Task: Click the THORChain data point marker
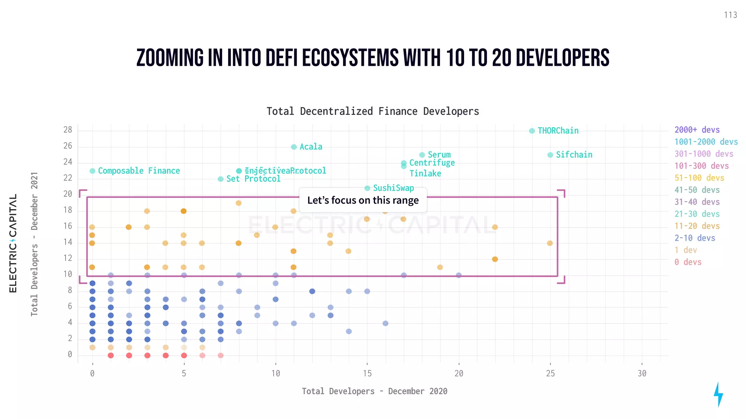[532, 131]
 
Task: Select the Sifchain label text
[574, 155]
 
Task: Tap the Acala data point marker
[294, 147]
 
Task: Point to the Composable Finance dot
[93, 171]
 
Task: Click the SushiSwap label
[393, 188]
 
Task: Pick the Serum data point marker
[422, 155]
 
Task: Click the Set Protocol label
[254, 179]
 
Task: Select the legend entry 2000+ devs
[697, 130]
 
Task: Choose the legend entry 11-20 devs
[697, 226]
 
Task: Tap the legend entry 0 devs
[688, 262]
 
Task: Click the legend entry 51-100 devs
[699, 178]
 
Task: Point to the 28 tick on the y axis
[68, 130]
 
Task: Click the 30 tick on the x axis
[642, 374]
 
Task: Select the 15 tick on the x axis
[367, 374]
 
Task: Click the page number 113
[730, 15]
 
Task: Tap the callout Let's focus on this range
[363, 200]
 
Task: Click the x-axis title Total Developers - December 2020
[374, 391]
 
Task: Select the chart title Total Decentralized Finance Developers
[373, 111]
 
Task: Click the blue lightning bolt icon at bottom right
[718, 394]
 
